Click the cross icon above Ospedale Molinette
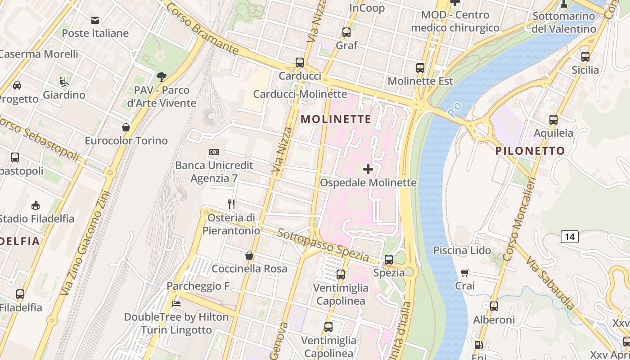click(x=368, y=169)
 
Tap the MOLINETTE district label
click(x=336, y=119)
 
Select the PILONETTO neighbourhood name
click(x=530, y=151)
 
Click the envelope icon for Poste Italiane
click(x=95, y=20)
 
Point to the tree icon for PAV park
click(x=162, y=77)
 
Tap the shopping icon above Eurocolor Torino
click(x=126, y=128)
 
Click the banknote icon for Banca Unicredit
click(x=214, y=152)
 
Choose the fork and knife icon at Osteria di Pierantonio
click(x=231, y=205)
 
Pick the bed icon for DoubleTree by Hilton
click(x=176, y=304)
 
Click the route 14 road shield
click(x=570, y=237)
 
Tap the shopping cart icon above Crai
click(x=465, y=273)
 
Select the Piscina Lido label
click(x=462, y=251)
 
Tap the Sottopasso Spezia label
click(x=323, y=246)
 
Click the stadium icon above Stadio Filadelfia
click(x=36, y=206)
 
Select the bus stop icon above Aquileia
click(x=553, y=120)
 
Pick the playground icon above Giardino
click(x=64, y=82)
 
